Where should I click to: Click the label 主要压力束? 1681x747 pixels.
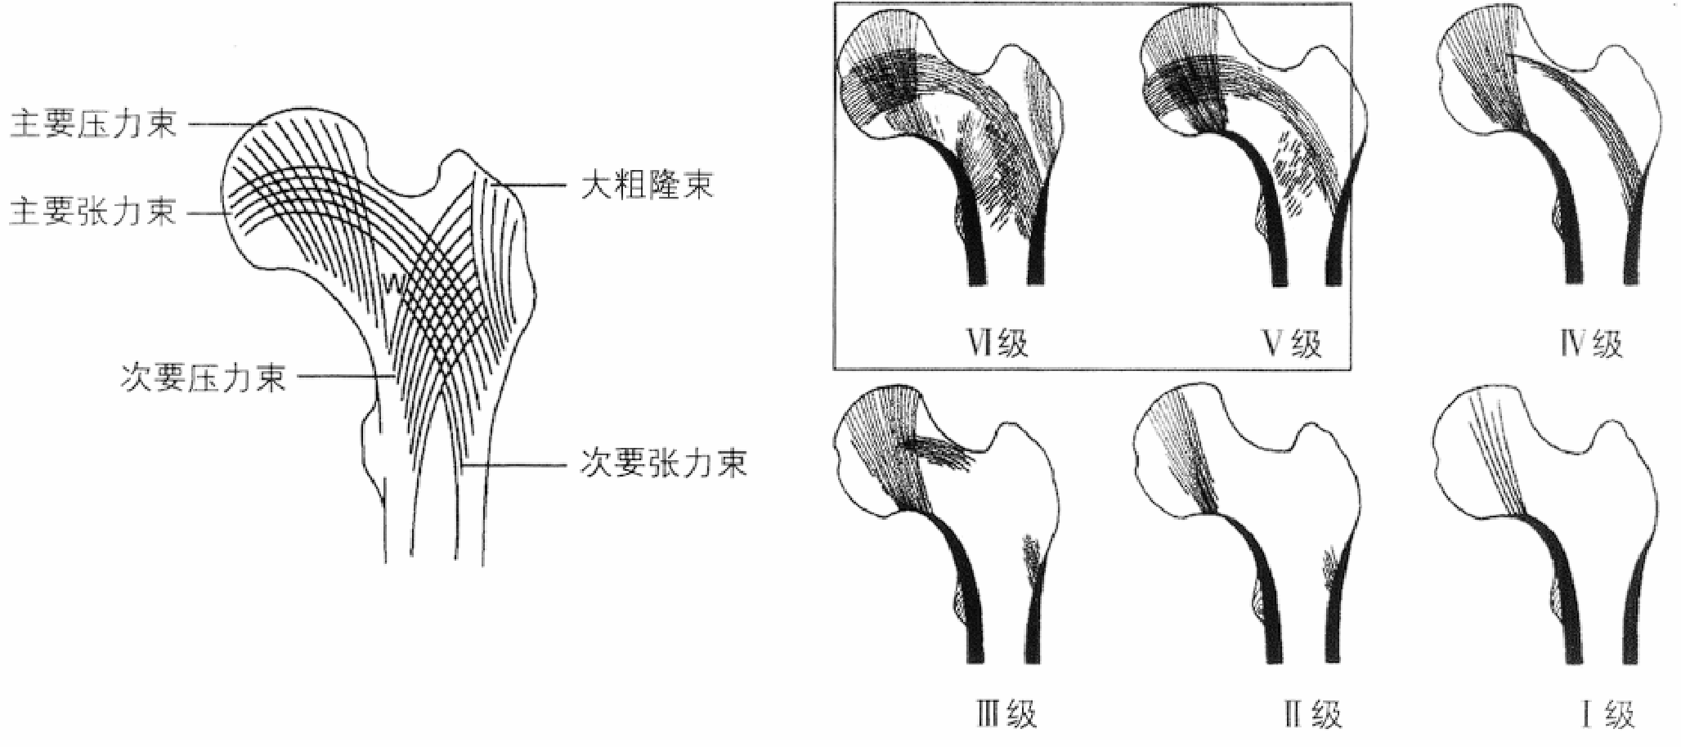pyautogui.click(x=93, y=125)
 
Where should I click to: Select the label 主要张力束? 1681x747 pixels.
pyautogui.click(x=93, y=212)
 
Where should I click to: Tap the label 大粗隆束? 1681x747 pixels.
pyautogui.click(x=647, y=186)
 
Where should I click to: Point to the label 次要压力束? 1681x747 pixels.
pyautogui.click(x=204, y=378)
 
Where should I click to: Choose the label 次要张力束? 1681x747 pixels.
pyautogui.click(x=663, y=464)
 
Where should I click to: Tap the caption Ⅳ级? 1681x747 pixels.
pyautogui.click(x=1590, y=343)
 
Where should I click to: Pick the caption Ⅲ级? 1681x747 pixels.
pyautogui.click(x=1006, y=714)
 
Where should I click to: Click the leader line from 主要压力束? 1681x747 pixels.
pyautogui.click(x=221, y=125)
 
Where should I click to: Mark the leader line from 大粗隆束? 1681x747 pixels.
pyautogui.click(x=531, y=186)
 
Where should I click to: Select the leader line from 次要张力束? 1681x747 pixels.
pyautogui.click(x=515, y=467)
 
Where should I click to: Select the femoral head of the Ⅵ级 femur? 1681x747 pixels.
pyautogui.click(x=883, y=82)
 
